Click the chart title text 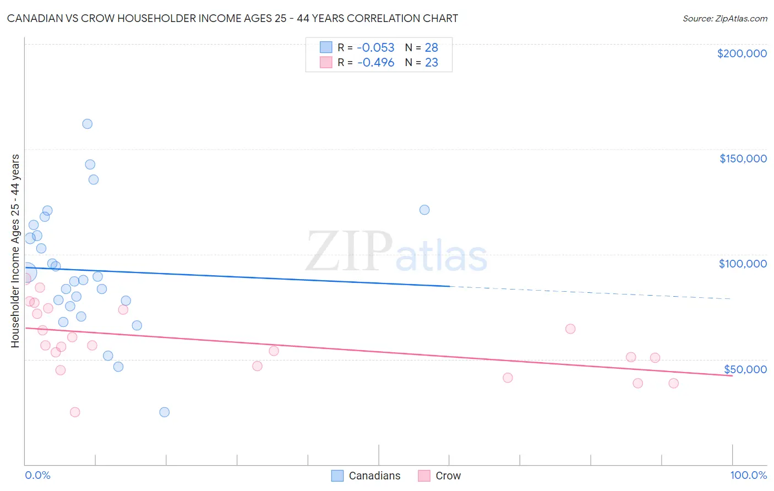232,18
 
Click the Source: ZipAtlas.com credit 724,19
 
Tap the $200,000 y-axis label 742,53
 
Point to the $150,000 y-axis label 743,159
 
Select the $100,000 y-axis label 743,264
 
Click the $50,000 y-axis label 745,369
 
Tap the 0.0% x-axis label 37,475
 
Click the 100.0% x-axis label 748,475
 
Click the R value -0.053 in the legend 375,48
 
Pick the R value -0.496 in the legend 375,63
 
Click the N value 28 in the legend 431,48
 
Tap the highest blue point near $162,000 87,124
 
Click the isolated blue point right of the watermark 424,210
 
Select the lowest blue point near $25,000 164,412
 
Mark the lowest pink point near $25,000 75,412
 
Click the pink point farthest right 673,383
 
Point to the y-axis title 15,251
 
